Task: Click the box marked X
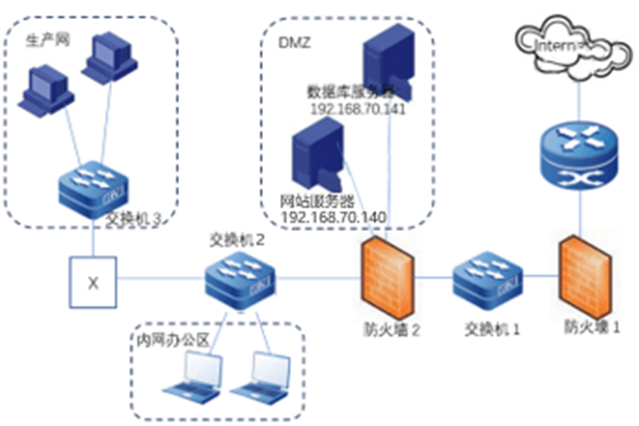(x=93, y=282)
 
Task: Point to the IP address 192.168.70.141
(x=358, y=108)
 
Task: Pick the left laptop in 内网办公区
(x=193, y=376)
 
